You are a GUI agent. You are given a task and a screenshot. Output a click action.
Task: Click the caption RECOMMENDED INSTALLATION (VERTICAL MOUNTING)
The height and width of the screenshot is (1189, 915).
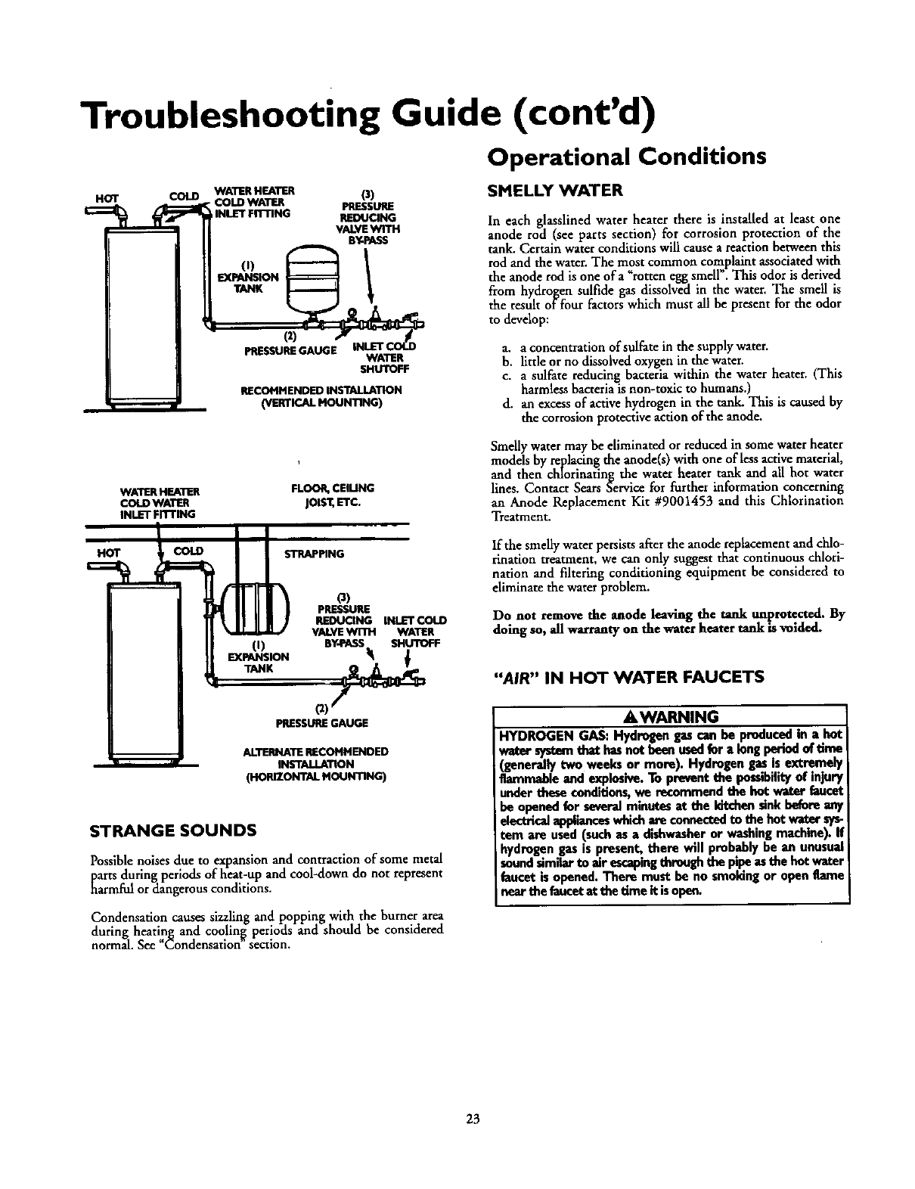pyautogui.click(x=320, y=396)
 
